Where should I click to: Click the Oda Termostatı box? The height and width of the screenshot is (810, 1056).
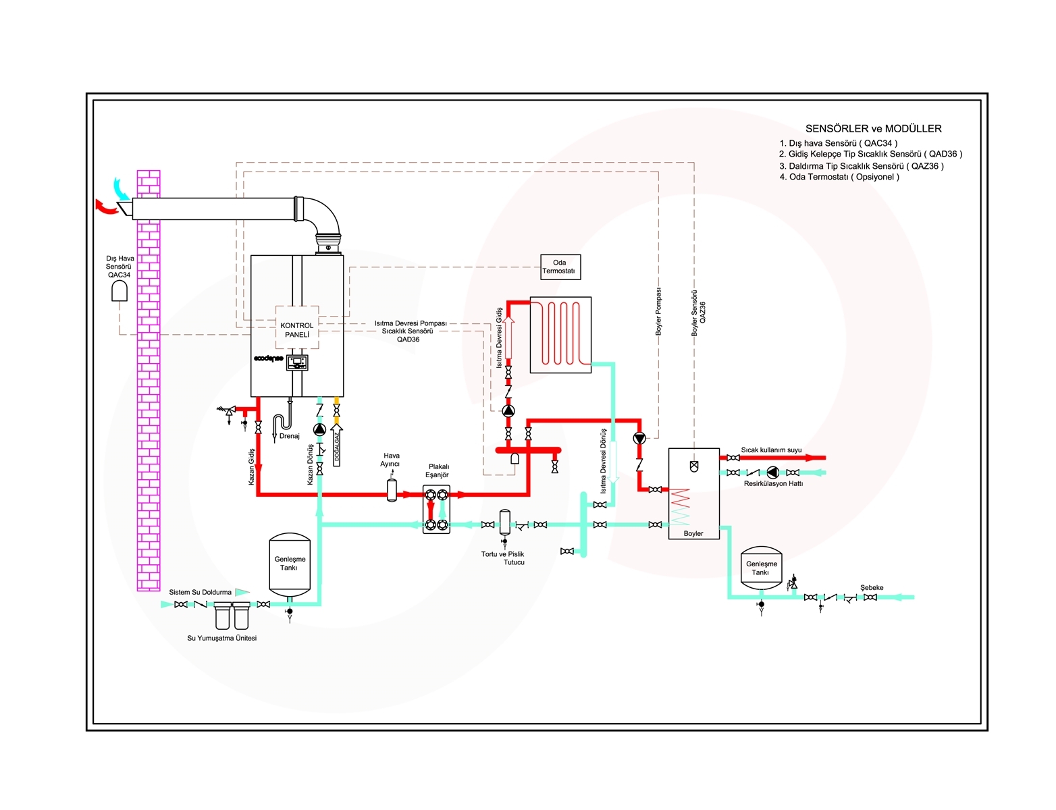[x=560, y=267]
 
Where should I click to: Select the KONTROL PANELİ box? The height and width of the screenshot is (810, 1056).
[x=297, y=327]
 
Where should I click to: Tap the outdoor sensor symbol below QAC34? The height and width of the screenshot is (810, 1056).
[x=120, y=291]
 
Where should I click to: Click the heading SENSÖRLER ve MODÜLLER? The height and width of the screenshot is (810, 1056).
[x=873, y=129]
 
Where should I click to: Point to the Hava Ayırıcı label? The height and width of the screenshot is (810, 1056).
[x=391, y=460]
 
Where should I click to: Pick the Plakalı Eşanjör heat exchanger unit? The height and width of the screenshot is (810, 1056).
[x=436, y=510]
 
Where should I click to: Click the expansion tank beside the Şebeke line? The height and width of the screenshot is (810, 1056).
[x=761, y=568]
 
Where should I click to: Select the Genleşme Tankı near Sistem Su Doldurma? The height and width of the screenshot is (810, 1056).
[x=290, y=564]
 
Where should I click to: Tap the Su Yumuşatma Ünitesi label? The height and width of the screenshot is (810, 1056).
[x=221, y=638]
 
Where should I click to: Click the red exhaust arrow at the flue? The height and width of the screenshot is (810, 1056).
[x=106, y=207]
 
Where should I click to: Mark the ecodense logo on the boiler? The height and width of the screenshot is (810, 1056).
[x=268, y=358]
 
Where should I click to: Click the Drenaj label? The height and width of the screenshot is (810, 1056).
[x=290, y=436]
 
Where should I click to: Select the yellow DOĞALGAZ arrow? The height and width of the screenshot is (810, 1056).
[x=336, y=445]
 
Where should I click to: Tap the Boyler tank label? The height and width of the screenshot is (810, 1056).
[x=693, y=533]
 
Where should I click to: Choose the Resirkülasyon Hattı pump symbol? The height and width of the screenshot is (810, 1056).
[x=772, y=472]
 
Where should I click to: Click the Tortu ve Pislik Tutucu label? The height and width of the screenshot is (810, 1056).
[x=503, y=558]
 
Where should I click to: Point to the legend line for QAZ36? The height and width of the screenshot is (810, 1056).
[x=862, y=165]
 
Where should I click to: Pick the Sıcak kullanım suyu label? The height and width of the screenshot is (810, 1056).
[x=771, y=450]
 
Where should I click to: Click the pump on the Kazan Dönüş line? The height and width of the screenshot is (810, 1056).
[x=319, y=429]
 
